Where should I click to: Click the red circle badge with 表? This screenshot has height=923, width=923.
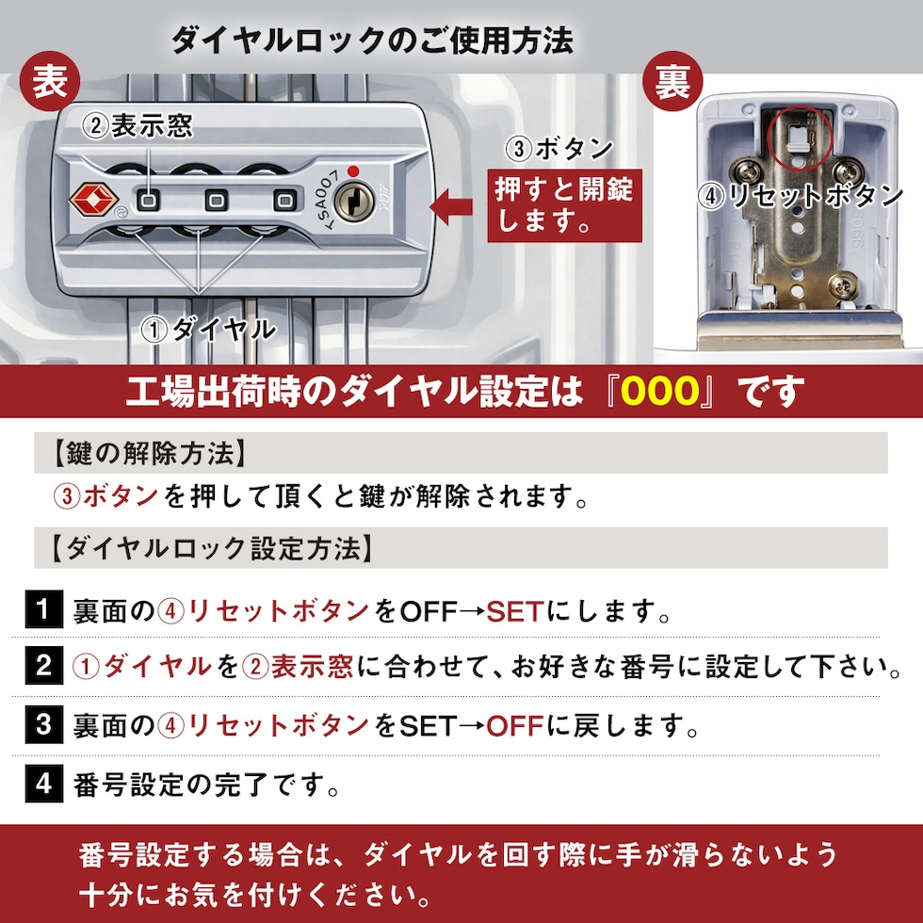point(50,81)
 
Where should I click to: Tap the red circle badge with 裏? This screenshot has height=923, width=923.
point(672,81)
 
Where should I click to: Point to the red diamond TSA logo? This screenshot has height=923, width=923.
point(94,200)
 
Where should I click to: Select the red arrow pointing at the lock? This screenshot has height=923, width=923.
point(451,206)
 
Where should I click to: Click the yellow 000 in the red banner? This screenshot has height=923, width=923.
point(660,392)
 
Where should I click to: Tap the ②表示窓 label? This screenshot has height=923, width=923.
point(138,125)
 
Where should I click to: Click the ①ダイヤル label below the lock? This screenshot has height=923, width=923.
point(208,329)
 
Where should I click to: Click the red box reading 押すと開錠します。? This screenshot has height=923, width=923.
point(564,205)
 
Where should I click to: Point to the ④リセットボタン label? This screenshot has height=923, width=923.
point(801,196)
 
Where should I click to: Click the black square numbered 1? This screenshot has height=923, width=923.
point(43,609)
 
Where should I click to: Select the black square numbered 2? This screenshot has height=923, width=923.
point(43,666)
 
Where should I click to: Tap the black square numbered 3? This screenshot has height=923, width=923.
point(43,724)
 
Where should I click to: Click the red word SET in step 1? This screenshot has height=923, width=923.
point(514,611)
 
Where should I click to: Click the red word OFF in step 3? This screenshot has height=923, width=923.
point(514,726)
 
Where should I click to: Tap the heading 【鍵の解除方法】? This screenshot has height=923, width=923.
point(149,453)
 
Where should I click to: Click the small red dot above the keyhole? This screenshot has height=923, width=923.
point(353,171)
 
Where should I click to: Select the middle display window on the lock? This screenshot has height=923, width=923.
point(216,201)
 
